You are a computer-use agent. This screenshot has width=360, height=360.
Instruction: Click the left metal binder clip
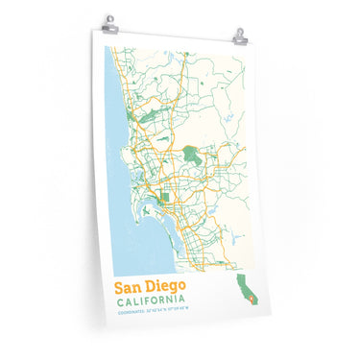click(x=110, y=21)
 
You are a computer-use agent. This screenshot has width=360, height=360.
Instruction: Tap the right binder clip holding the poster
click(x=239, y=36)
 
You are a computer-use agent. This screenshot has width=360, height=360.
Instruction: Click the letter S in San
click(x=119, y=286)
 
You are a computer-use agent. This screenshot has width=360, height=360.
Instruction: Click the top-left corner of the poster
click(x=94, y=28)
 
